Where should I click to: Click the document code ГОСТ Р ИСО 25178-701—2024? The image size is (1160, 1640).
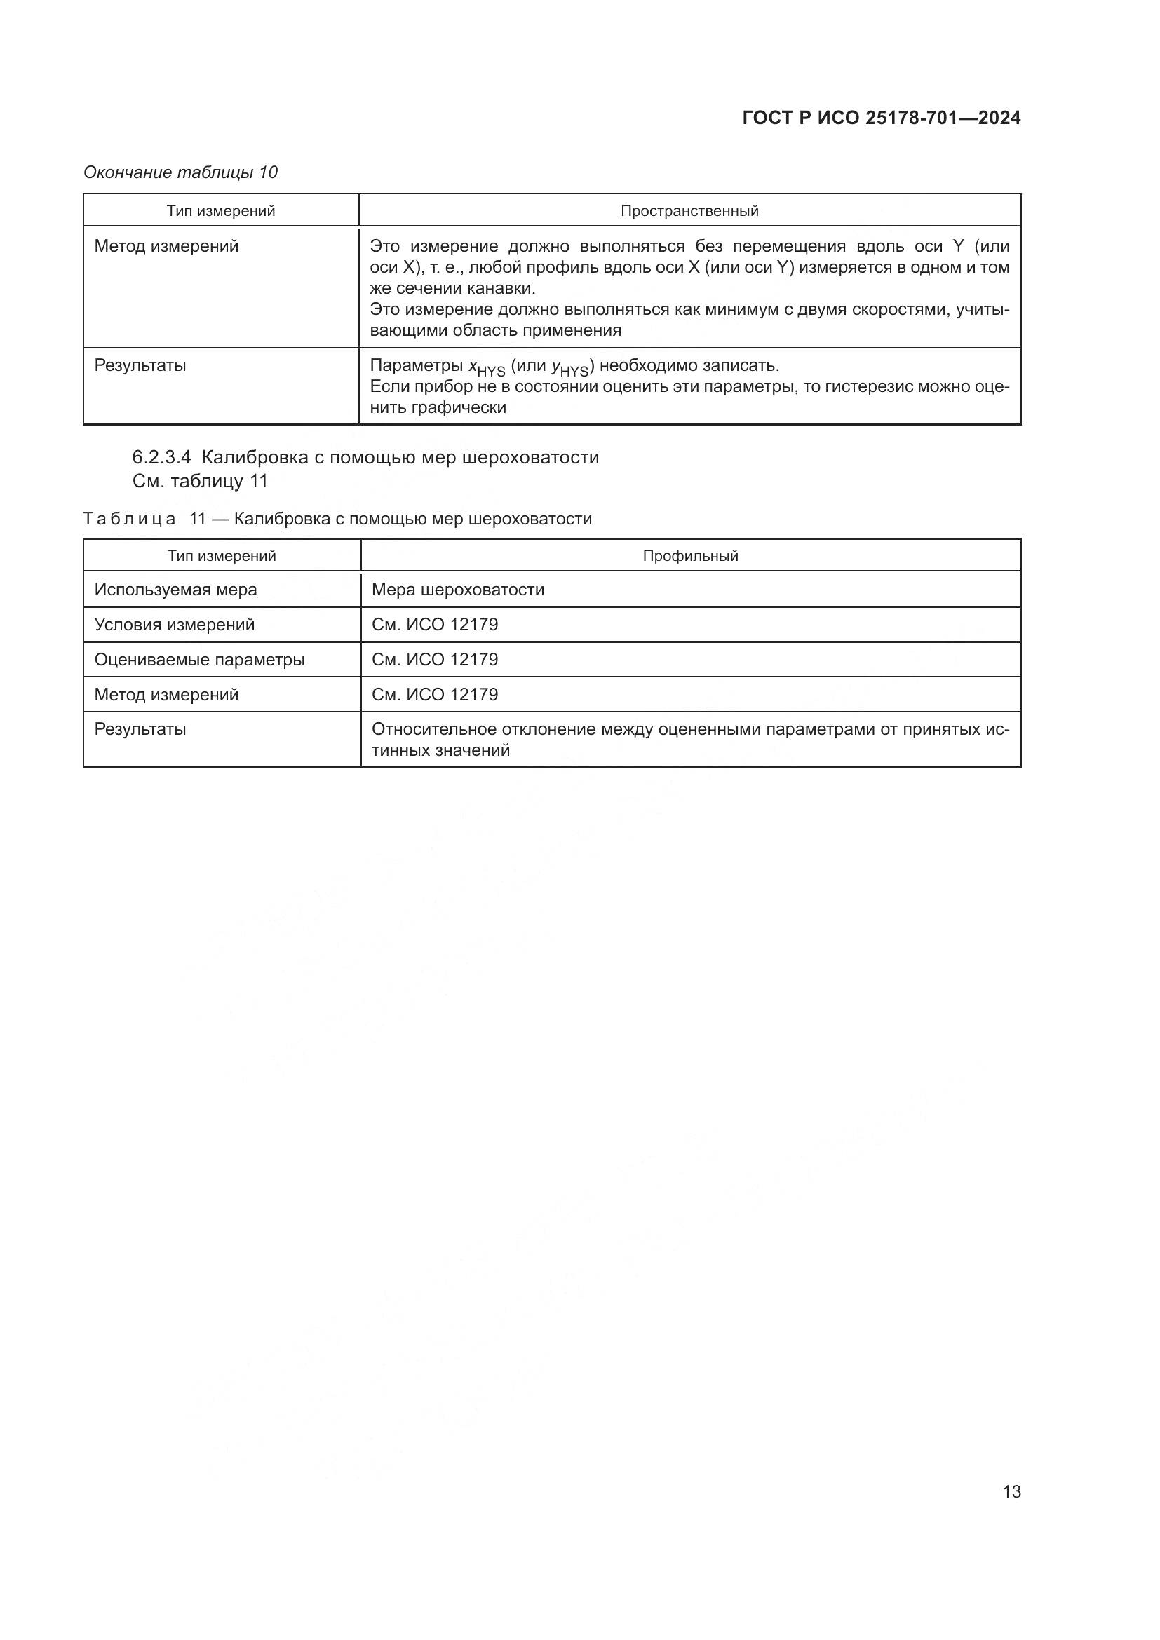pyautogui.click(x=881, y=118)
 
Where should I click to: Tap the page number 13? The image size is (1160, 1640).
pyautogui.click(x=1011, y=1491)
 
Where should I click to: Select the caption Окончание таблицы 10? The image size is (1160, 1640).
pyautogui.click(x=181, y=172)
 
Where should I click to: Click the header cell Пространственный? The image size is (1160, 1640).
pyautogui.click(x=689, y=211)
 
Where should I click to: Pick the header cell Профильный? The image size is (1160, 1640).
pyautogui.click(x=690, y=556)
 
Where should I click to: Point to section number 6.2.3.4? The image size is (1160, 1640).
pyautogui.click(x=162, y=457)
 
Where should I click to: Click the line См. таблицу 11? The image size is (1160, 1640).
pyautogui.click(x=200, y=482)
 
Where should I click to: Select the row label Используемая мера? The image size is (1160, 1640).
pyautogui.click(x=176, y=590)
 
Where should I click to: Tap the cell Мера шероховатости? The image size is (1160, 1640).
pyautogui.click(x=458, y=590)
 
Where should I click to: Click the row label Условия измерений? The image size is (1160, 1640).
pyautogui.click(x=175, y=625)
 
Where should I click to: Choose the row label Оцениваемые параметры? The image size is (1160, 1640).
pyautogui.click(x=199, y=660)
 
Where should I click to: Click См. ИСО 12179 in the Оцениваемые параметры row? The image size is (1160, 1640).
pyautogui.click(x=434, y=660)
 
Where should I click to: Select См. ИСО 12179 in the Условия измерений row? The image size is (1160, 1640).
pyautogui.click(x=434, y=625)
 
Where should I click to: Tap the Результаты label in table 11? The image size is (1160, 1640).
pyautogui.click(x=140, y=729)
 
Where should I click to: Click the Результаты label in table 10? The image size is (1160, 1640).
pyautogui.click(x=140, y=366)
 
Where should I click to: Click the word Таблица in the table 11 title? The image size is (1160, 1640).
pyautogui.click(x=129, y=520)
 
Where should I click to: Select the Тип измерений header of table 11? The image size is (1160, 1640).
pyautogui.click(x=222, y=556)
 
